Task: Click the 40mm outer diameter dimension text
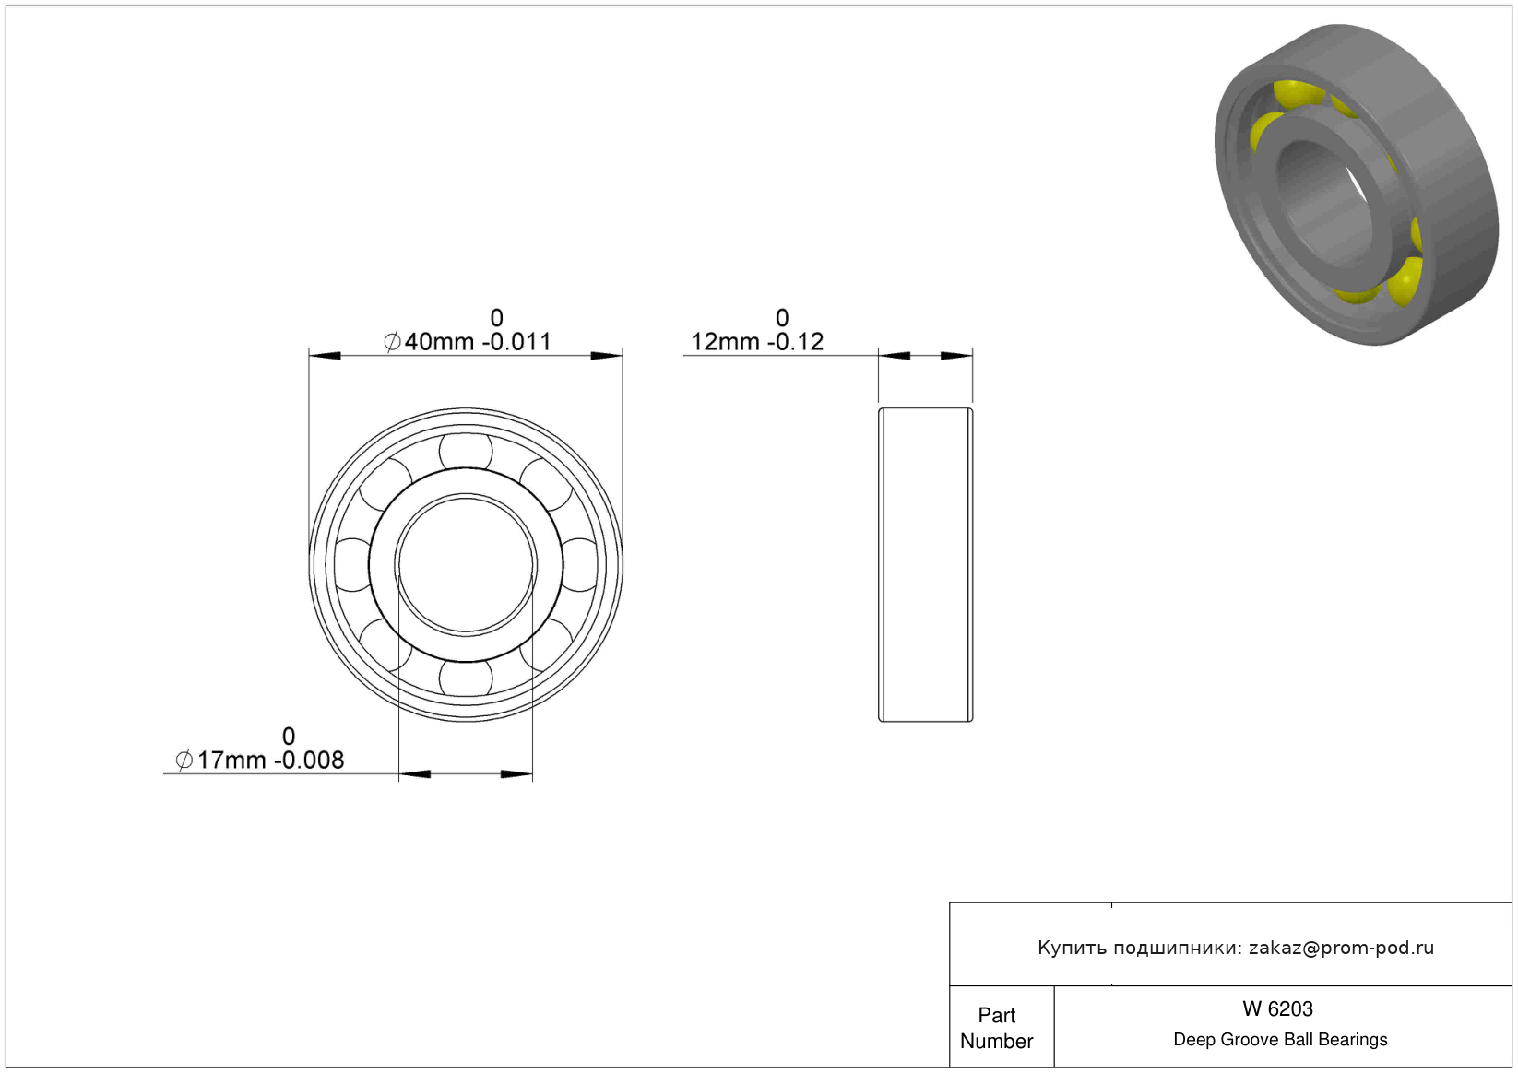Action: click(x=439, y=341)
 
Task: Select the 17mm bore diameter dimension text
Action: click(x=231, y=760)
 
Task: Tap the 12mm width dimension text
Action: click(x=725, y=341)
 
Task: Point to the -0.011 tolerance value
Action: click(x=516, y=341)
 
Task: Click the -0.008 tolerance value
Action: click(x=309, y=760)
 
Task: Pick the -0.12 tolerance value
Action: click(x=796, y=341)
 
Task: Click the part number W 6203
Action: click(x=1277, y=1008)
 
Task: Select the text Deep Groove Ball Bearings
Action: click(x=1280, y=1039)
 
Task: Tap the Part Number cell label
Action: click(x=996, y=1028)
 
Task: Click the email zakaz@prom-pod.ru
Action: click(x=1341, y=948)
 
